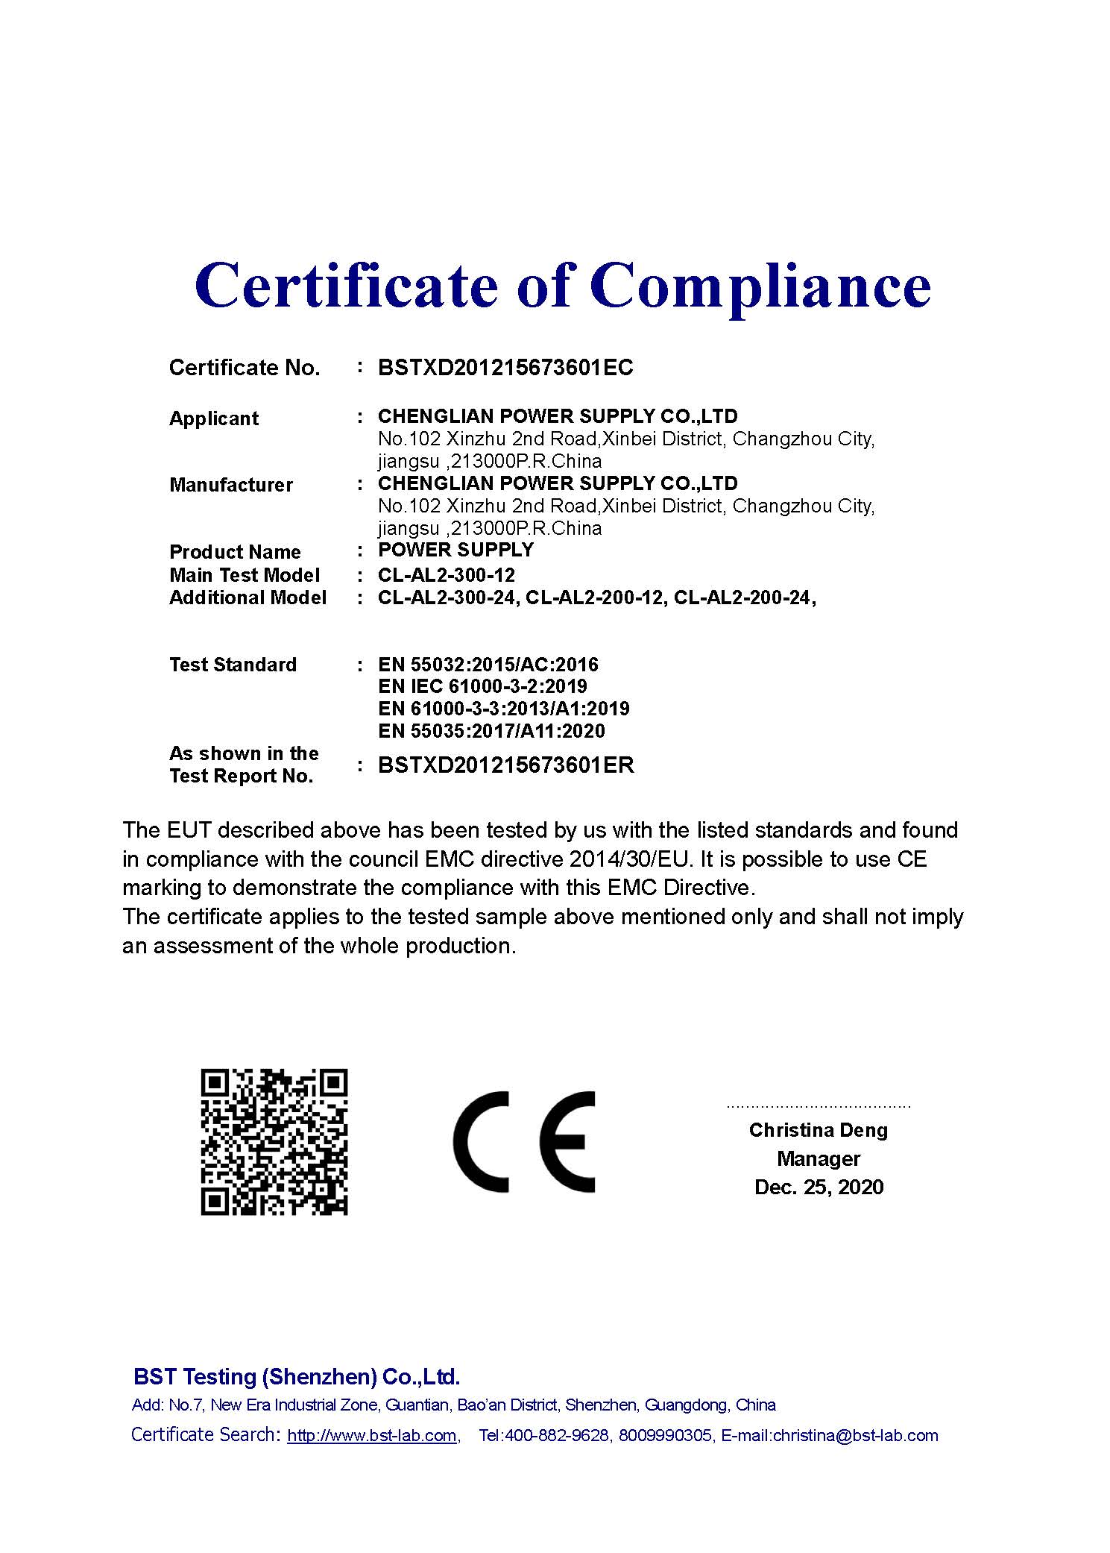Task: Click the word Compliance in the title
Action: click(760, 287)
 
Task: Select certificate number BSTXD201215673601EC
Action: click(505, 368)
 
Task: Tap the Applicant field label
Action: click(214, 418)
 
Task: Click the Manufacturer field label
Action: click(231, 485)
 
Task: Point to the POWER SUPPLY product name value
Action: click(455, 550)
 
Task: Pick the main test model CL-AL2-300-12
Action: click(446, 575)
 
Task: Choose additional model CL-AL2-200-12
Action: click(594, 597)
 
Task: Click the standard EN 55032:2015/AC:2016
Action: click(488, 665)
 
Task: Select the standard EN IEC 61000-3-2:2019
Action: click(482, 686)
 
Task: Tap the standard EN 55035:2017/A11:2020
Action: click(491, 731)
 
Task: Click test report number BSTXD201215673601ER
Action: click(506, 765)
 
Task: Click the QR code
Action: click(274, 1142)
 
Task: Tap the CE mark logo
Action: click(524, 1142)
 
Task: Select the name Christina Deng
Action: click(819, 1130)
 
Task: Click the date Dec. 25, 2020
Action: click(819, 1187)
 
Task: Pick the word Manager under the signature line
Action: click(819, 1158)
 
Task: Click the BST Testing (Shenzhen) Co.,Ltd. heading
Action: click(297, 1376)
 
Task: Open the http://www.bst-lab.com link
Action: click(372, 1436)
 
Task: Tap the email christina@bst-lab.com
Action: click(855, 1436)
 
